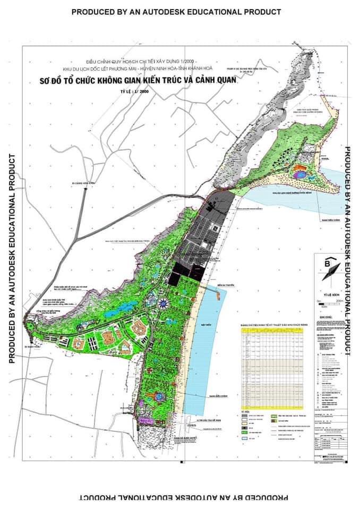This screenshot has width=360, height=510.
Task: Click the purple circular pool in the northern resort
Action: click(300, 174)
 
